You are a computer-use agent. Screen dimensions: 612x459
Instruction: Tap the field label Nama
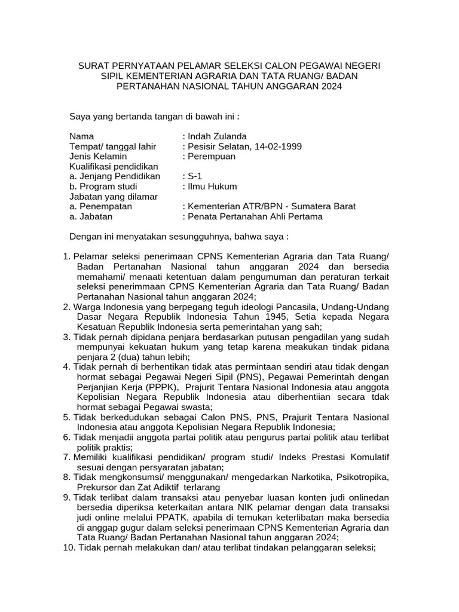pyautogui.click(x=81, y=136)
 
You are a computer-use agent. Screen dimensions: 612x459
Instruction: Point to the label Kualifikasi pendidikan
pyautogui.click(x=113, y=166)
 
